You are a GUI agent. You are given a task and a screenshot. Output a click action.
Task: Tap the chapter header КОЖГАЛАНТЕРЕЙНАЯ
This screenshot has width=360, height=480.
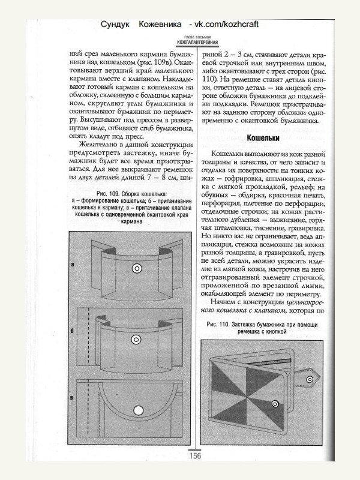click(x=198, y=42)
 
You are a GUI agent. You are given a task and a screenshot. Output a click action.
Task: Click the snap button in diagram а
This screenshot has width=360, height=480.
click(x=138, y=267)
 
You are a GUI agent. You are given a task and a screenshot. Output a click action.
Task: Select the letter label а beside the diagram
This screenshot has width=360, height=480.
click(x=72, y=264)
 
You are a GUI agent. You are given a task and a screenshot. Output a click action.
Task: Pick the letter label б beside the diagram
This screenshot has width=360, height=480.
click(x=72, y=331)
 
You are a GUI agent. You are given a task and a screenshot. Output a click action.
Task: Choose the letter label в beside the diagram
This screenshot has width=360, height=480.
click(x=72, y=398)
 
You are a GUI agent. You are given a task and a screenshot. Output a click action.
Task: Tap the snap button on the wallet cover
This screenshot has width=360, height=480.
click(x=276, y=403)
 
